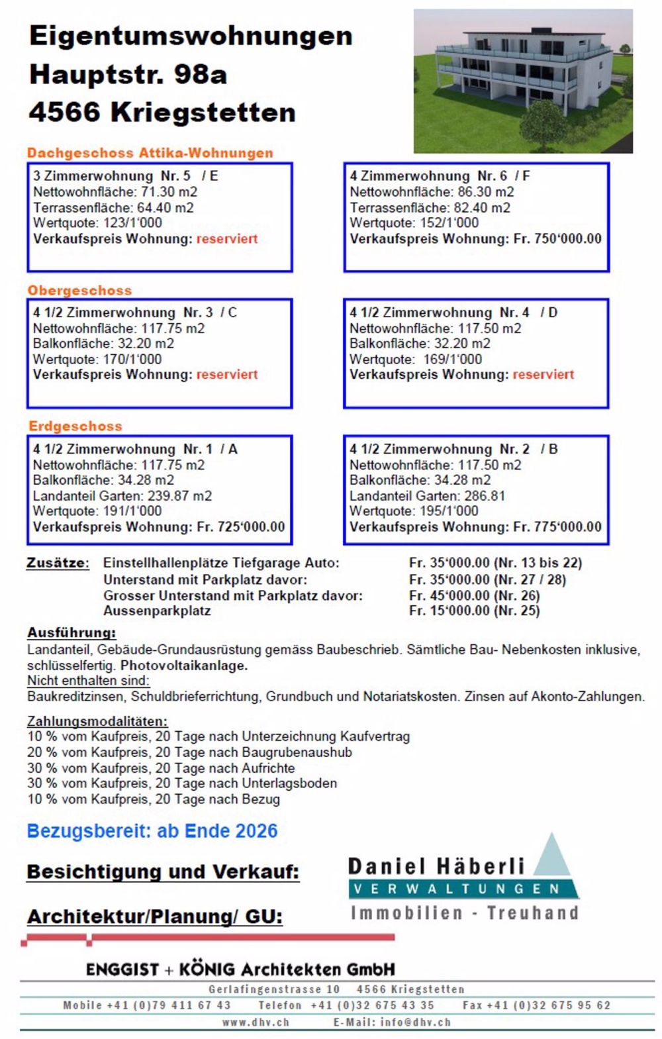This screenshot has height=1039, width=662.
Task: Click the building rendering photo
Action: [x=523, y=81]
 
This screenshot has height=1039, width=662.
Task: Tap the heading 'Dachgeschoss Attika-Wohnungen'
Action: [x=150, y=153]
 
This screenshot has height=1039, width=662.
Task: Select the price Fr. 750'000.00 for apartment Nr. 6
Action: [x=557, y=239]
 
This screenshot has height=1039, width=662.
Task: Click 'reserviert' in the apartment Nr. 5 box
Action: [x=227, y=239]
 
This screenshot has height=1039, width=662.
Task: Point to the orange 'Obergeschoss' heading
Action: [x=79, y=290]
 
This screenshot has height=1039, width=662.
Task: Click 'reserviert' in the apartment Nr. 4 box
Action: [x=544, y=375]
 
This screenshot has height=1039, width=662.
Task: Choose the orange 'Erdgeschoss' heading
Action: [x=75, y=426]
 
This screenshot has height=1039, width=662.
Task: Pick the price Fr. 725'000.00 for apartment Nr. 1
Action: [x=241, y=527]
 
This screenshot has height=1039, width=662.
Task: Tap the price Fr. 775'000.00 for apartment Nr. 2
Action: [x=557, y=527]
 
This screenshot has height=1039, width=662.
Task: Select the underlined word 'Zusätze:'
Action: [x=58, y=564]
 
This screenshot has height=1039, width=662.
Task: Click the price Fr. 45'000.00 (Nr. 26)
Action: [x=474, y=595]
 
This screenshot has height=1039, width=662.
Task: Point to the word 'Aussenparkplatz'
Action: [x=157, y=611]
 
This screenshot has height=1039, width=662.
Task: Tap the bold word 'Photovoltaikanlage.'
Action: [x=184, y=666]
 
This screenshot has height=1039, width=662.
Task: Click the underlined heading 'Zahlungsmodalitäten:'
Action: [x=97, y=721]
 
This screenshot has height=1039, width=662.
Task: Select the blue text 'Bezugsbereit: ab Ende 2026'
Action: [x=152, y=831]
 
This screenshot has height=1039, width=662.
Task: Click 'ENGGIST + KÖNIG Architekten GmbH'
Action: [x=240, y=969]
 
